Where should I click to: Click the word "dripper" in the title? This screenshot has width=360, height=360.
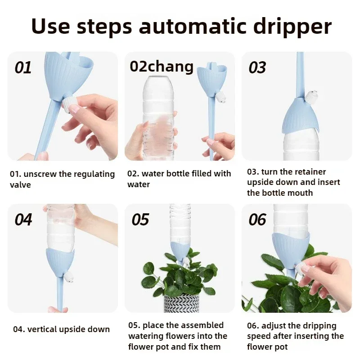click(x=292, y=27)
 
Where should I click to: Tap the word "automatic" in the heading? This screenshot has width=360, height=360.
click(x=193, y=26)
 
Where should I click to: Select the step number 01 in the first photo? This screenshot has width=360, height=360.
click(x=23, y=67)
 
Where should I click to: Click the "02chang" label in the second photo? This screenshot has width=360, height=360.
click(x=162, y=67)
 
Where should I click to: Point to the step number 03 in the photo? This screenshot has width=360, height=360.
click(x=257, y=67)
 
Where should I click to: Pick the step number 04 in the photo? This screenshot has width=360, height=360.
click(x=23, y=220)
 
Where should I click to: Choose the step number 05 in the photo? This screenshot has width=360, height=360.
click(x=140, y=220)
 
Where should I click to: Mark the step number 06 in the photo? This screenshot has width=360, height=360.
click(x=257, y=220)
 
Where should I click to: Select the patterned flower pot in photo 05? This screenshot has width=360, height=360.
click(x=182, y=303)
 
